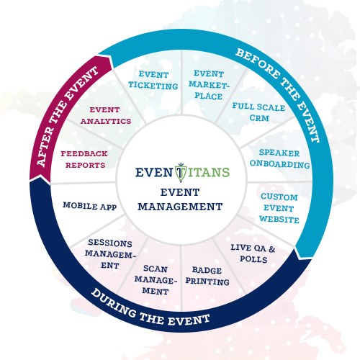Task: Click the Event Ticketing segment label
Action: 156,80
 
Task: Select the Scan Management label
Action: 156,281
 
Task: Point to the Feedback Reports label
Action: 84,159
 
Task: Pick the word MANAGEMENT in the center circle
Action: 180,205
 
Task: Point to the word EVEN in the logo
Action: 153,173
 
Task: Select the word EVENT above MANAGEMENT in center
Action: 180,192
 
